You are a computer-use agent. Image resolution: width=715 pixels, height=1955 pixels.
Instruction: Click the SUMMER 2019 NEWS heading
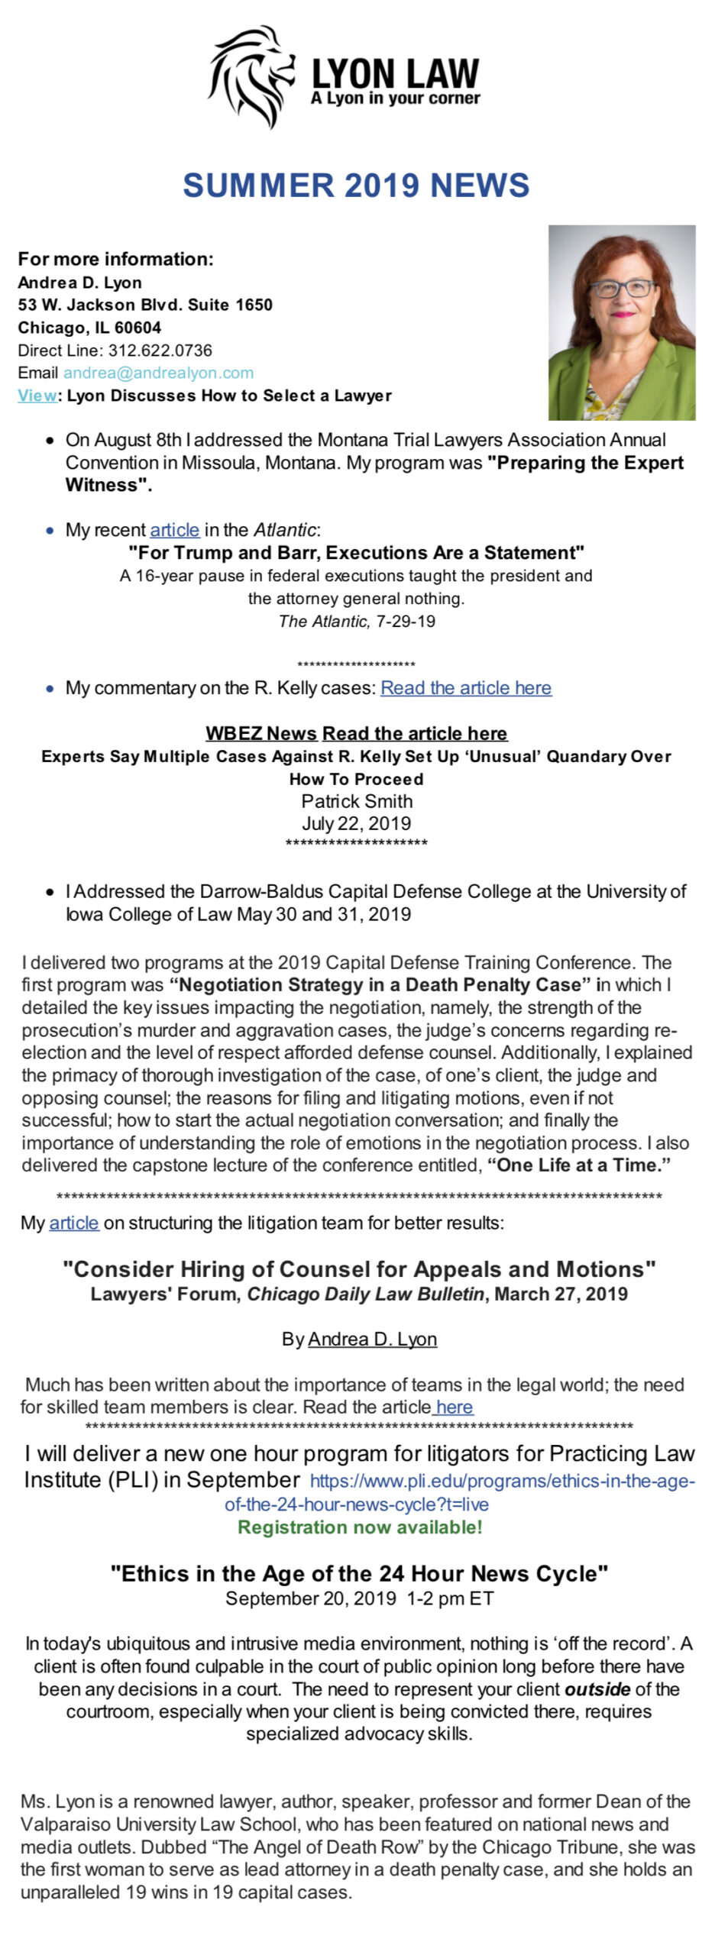(356, 186)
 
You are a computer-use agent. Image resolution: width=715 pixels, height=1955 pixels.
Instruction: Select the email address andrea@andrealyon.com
(158, 373)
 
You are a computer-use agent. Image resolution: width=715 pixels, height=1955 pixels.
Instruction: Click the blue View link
(37, 396)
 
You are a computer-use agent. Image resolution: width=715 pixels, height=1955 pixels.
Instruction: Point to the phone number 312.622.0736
(160, 351)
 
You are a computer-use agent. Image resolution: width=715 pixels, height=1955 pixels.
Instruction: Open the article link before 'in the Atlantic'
(174, 530)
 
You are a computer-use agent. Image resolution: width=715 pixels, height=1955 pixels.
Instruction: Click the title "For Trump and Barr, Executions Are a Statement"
(356, 552)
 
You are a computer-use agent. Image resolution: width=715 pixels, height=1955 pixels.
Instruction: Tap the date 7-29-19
(405, 621)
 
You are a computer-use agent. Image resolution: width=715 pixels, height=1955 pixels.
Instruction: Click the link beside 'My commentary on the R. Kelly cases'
(466, 688)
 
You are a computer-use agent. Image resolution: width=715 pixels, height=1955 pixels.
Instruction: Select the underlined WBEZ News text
(260, 734)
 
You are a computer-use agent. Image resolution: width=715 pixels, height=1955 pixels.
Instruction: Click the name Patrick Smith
(357, 801)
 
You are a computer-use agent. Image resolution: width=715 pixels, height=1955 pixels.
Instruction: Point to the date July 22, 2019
(356, 823)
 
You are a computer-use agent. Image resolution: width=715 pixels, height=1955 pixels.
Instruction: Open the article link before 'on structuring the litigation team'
(73, 1223)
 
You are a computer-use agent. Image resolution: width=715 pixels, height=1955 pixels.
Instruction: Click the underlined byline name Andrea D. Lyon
(372, 1339)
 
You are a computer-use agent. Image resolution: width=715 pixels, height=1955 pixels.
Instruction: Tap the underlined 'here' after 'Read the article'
(455, 1407)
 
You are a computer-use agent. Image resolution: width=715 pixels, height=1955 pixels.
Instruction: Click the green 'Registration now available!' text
(360, 1527)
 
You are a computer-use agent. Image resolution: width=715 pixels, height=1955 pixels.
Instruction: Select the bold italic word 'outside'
(597, 1688)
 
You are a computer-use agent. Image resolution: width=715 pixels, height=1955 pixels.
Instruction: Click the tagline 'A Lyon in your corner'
(395, 99)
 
